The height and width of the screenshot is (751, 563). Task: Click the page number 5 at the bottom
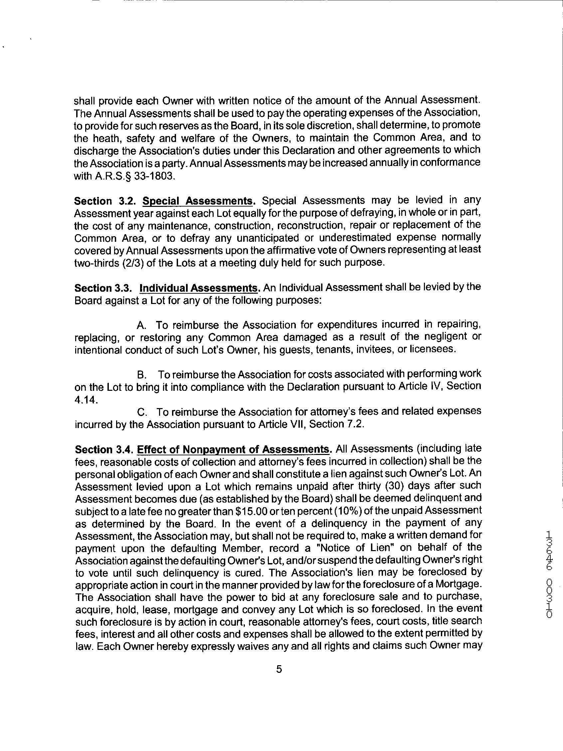point(279,670)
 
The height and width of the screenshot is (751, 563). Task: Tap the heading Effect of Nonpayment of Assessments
point(233,450)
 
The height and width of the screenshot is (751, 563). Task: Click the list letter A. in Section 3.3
point(141,325)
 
